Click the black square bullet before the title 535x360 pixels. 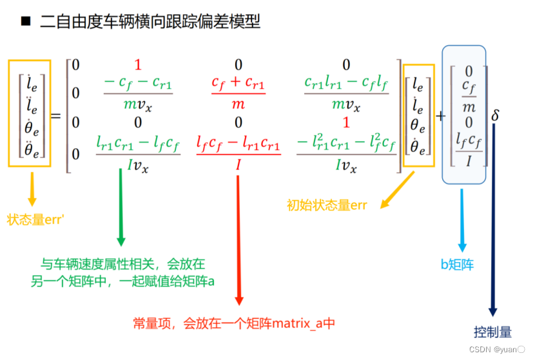tap(26, 22)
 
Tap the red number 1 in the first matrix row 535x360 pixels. tap(138, 64)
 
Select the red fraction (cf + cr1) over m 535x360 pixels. tap(238, 93)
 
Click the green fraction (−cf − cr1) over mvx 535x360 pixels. tap(138, 93)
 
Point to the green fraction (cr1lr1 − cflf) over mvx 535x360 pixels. tap(346, 93)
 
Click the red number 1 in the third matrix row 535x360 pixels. tap(346, 122)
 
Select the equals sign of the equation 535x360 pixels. tap(55, 116)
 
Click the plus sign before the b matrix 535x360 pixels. tap(441, 116)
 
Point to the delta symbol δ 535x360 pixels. tap(495, 116)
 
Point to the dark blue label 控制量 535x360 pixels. tap(492, 332)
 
